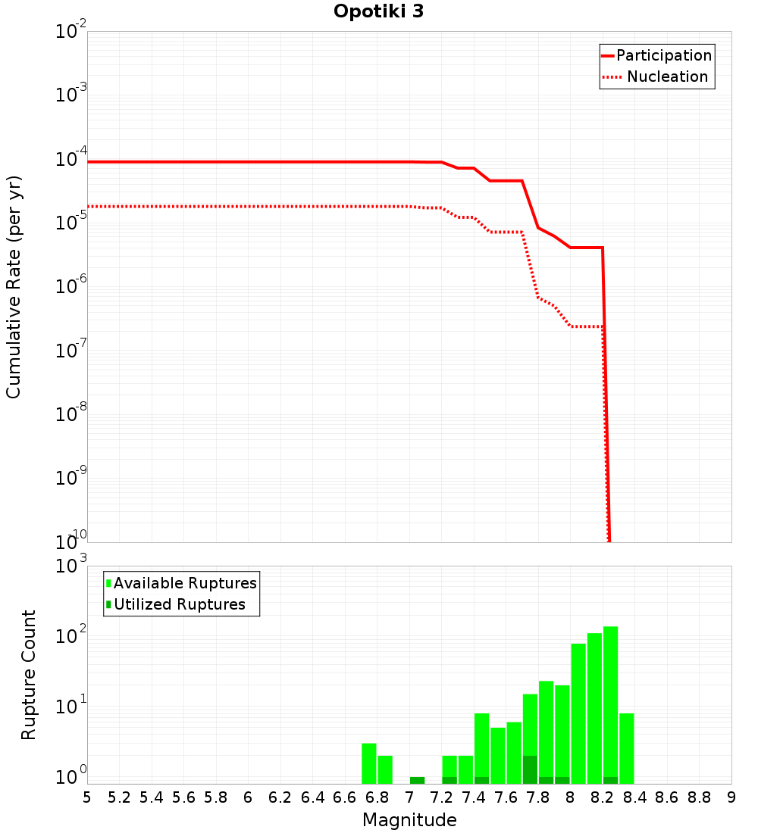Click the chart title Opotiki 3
pos(378,12)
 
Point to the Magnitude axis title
pos(409,820)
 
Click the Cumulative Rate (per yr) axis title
pos(14,286)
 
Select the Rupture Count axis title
pos(29,675)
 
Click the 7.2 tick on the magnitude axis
pos(441,797)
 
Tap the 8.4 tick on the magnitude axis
pos(634,797)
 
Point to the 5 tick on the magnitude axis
pos(87,797)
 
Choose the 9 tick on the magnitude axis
pos(731,797)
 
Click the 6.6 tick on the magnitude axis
pos(345,797)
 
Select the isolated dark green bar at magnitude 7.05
pos(417,780)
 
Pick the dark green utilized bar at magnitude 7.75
pos(530,769)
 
